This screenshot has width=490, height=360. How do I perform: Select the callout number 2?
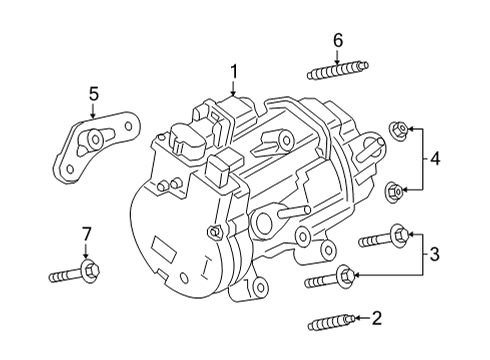(376, 319)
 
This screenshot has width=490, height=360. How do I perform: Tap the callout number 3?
(433, 254)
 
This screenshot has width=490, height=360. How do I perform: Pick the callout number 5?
(93, 94)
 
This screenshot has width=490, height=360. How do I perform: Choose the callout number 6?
(338, 41)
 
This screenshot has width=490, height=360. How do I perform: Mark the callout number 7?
(85, 234)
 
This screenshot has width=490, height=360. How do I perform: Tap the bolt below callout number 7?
(74, 272)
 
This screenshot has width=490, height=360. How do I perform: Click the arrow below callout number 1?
(234, 88)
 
